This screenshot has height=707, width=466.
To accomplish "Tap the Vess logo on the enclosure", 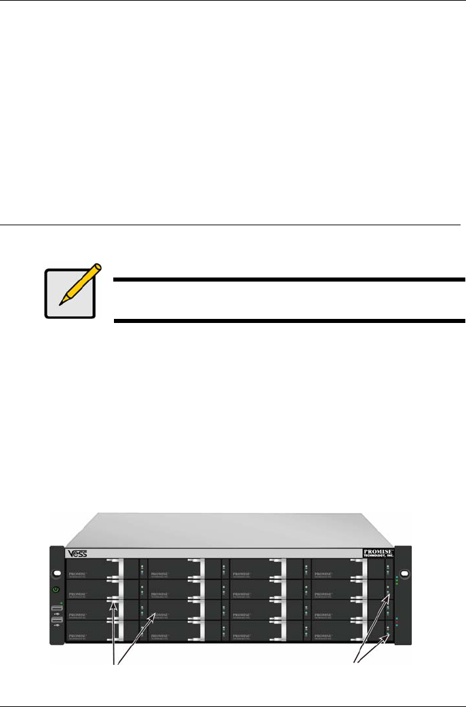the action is pos(77,553).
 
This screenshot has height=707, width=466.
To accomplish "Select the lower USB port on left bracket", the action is pos(56,619).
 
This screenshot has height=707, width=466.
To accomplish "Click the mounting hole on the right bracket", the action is pos(404,574).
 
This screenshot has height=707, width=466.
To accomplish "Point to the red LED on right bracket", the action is pos(396,619).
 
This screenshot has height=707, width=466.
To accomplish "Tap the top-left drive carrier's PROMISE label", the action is pos(80,573).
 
